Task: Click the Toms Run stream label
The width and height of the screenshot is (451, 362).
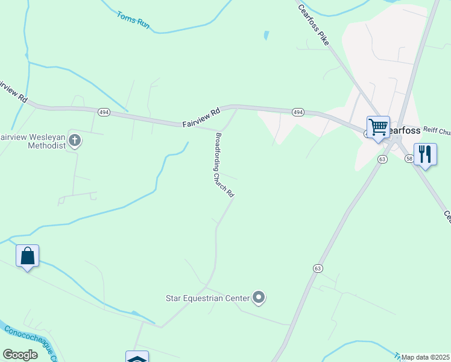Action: click(x=133, y=21)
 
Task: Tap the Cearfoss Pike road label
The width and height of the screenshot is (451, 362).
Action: click(x=314, y=24)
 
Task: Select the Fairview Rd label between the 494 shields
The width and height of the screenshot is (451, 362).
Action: click(x=201, y=117)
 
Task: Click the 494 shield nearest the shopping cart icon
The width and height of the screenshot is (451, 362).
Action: click(x=298, y=112)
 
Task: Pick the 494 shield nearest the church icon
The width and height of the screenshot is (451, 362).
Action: click(x=104, y=112)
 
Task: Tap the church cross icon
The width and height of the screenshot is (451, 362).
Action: click(x=75, y=141)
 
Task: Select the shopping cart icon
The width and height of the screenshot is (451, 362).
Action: click(x=378, y=128)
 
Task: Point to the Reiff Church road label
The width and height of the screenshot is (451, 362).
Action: click(x=437, y=130)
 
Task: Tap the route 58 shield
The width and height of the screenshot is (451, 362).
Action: click(x=409, y=157)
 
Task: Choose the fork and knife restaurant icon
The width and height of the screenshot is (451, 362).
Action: click(x=425, y=154)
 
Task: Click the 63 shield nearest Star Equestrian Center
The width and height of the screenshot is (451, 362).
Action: click(x=317, y=267)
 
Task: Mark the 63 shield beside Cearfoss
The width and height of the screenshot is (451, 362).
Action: click(x=382, y=159)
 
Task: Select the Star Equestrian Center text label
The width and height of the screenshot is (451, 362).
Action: click(x=207, y=298)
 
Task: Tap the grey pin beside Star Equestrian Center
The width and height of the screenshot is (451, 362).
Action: click(x=259, y=297)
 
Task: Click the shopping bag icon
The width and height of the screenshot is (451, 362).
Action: click(x=28, y=256)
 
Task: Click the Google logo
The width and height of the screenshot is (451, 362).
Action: click(x=20, y=355)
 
